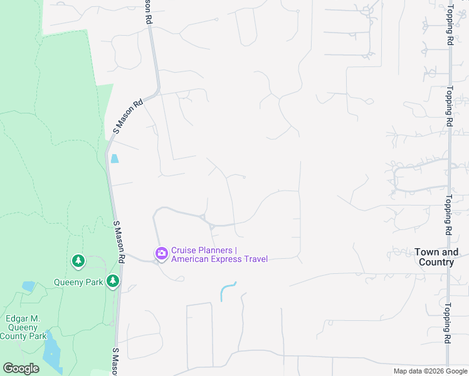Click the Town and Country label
click(436, 257)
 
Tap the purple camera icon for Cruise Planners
click(161, 253)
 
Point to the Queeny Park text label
click(78, 282)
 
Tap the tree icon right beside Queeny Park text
click(113, 281)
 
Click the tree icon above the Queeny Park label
click(78, 261)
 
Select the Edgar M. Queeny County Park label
click(23, 327)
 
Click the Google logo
click(21, 368)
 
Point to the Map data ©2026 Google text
click(429, 371)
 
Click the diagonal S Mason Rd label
click(128, 116)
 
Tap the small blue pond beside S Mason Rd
click(115, 159)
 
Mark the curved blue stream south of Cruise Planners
click(228, 291)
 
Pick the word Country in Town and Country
click(436, 262)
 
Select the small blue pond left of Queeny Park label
click(28, 286)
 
